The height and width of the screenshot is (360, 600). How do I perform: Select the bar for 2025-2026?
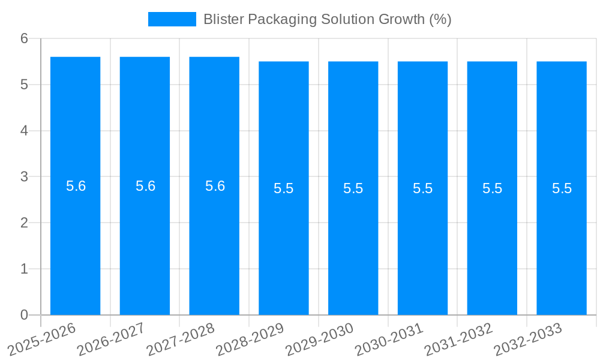coord(75,240)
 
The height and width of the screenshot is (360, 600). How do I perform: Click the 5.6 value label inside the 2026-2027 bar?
coord(145,186)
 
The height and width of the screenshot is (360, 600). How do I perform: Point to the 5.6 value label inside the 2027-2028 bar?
coord(215,186)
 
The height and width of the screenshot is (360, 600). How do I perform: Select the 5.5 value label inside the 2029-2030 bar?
coord(353,188)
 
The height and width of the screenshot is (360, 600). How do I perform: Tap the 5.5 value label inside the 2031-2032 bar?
coord(492,188)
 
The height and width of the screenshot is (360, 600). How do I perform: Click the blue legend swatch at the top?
coord(172,19)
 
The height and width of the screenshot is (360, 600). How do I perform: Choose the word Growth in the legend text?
coord(401,19)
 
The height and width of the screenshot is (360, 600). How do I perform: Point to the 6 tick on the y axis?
coord(24,39)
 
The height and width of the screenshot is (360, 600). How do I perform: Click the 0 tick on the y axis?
coord(24,315)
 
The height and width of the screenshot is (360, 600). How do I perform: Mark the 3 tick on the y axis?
coord(24,177)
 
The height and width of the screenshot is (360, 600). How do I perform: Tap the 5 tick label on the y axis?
coord(24,85)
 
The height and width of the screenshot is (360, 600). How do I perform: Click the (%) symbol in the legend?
coord(440,19)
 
